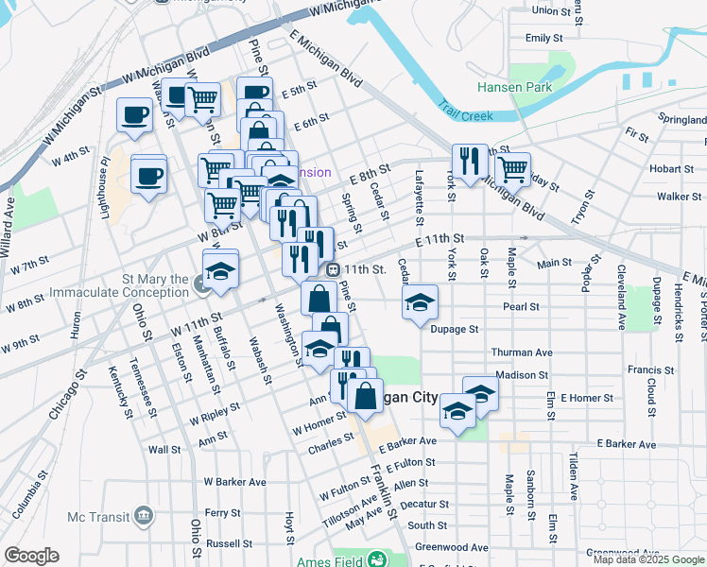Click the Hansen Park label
tap(542, 87)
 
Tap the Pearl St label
tap(521, 307)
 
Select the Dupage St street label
tap(456, 331)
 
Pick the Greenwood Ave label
tap(452, 547)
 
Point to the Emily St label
tap(538, 39)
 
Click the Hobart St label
tap(672, 169)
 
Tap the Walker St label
tap(673, 197)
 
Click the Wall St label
tap(164, 450)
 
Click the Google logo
tap(31, 556)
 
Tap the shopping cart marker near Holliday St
tap(511, 169)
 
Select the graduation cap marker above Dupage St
tap(420, 302)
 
